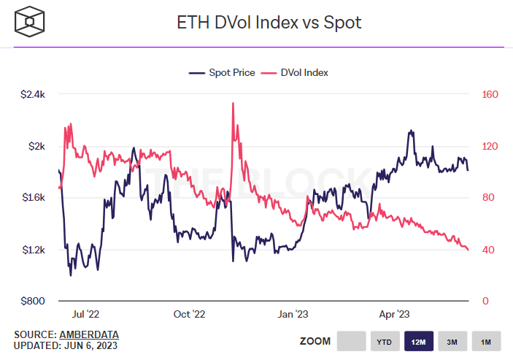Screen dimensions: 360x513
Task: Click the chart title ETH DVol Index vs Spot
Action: [269, 23]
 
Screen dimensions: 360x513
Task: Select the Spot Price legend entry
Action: [222, 73]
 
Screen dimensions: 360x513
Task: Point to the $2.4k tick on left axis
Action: [33, 94]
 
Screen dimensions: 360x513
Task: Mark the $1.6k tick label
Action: [33, 198]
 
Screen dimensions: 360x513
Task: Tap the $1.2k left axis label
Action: [33, 250]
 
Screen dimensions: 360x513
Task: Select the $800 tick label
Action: [34, 301]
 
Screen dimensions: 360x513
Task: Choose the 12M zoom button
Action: [417, 342]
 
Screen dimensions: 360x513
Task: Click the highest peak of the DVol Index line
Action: [233, 103]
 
